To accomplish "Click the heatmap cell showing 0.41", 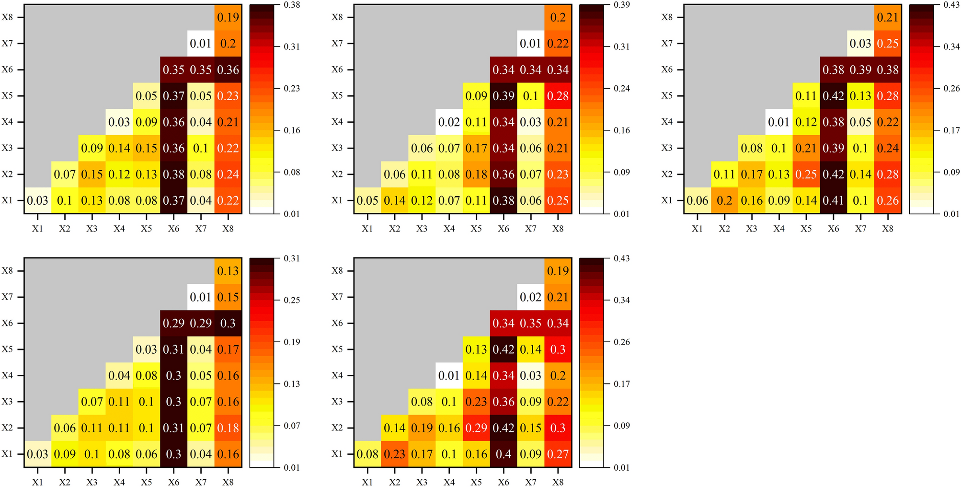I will (x=833, y=200).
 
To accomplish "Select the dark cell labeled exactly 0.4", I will (x=503, y=454).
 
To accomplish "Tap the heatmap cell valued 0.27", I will (x=558, y=454).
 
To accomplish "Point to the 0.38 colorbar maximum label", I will (x=292, y=5).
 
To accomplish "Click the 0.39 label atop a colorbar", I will (x=622, y=5).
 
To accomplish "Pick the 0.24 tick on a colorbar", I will (x=622, y=88).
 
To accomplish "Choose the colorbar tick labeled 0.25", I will (x=292, y=300).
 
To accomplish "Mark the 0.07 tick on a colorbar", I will (x=292, y=426).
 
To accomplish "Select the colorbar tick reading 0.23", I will (x=292, y=88).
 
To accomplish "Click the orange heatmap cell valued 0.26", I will (x=888, y=200).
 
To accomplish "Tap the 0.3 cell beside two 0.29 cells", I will (x=228, y=323).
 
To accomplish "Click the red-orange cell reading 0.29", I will (x=476, y=428).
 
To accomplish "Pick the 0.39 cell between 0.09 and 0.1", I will (x=503, y=96).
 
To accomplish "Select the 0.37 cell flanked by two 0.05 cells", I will (x=173, y=96).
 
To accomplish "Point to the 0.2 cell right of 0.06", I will (x=724, y=200).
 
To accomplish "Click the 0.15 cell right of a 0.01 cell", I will (x=228, y=297).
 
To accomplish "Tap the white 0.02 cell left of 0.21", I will (x=530, y=297).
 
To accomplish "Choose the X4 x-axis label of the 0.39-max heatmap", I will (x=449, y=229).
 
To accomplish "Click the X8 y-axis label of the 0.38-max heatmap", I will (x=7, y=17).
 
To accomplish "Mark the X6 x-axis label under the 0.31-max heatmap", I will (x=173, y=482).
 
